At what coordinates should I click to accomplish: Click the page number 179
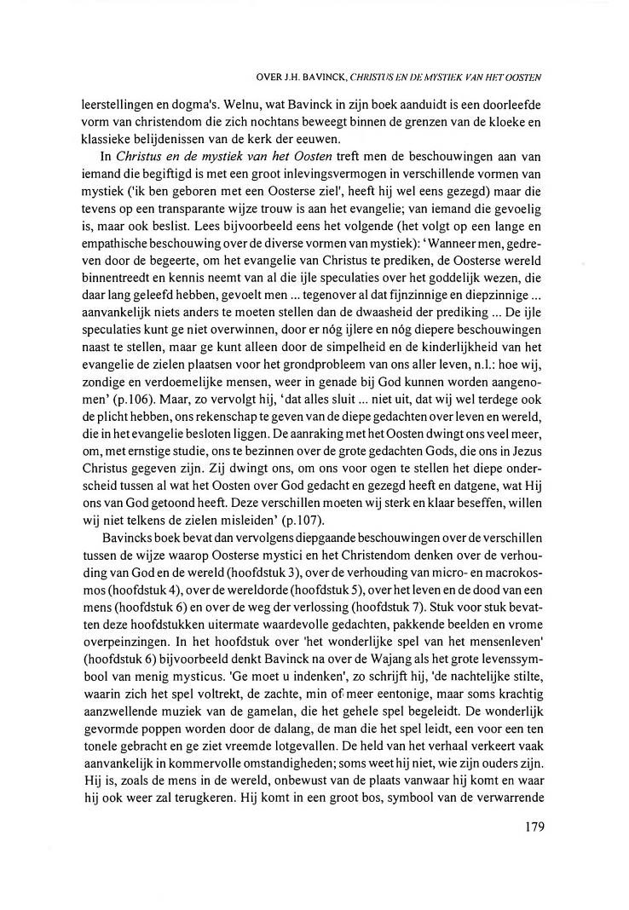(529, 826)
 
